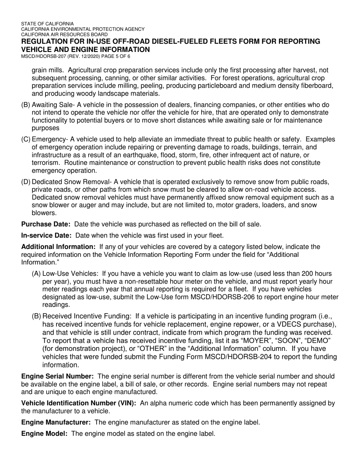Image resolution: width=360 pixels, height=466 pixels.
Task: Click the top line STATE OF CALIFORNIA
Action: (x=47, y=23)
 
